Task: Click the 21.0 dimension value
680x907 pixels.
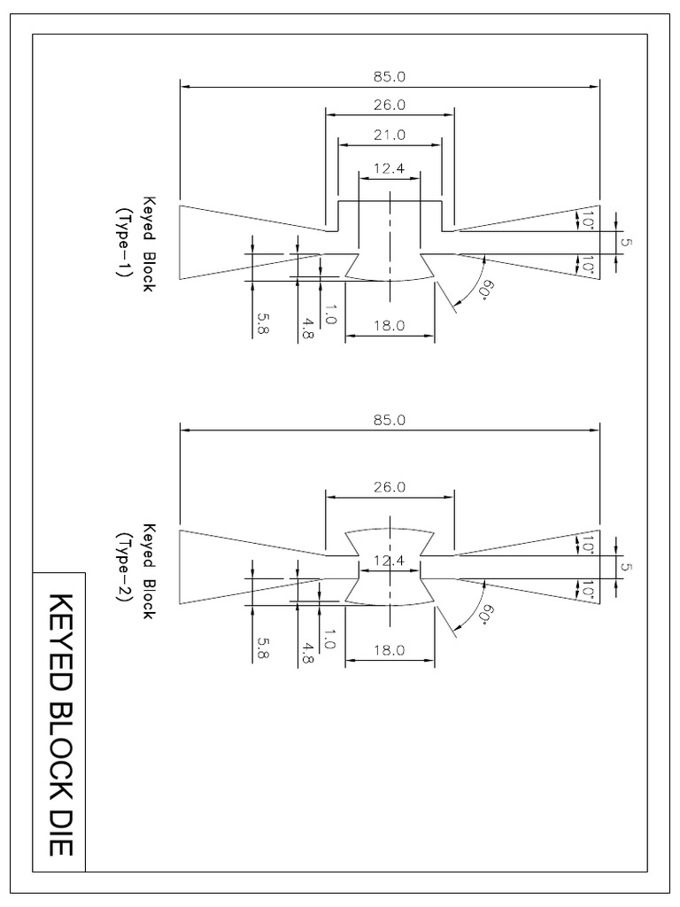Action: tap(390, 135)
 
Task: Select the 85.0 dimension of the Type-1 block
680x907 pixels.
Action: tap(390, 77)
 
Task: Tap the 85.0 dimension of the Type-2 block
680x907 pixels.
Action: tap(390, 421)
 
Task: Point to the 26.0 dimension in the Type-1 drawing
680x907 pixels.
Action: tap(390, 105)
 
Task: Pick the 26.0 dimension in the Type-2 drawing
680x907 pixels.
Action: tap(390, 487)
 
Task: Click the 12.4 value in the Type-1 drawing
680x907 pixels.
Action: tap(388, 167)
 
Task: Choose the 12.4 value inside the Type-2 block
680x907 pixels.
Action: tap(388, 561)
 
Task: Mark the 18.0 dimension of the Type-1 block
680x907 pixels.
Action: tap(390, 325)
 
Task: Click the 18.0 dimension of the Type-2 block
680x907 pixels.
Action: tap(390, 649)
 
